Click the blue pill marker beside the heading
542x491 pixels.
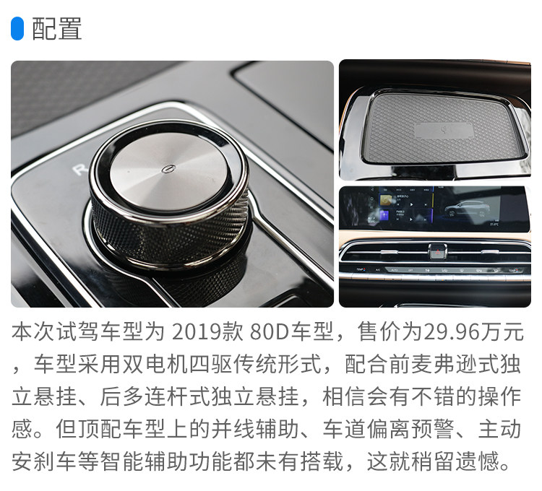pos(17,28)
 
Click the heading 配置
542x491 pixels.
pos(57,29)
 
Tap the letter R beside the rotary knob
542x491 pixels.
pos(79,169)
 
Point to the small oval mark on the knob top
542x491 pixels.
pos(168,168)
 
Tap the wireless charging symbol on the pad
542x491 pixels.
pos(444,131)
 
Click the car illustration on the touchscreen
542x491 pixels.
pos(468,209)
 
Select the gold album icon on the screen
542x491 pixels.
pos(384,200)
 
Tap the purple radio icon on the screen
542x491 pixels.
pos(384,215)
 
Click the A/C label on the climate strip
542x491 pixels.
pos(377,269)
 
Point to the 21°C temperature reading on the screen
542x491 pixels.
pos(494,224)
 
